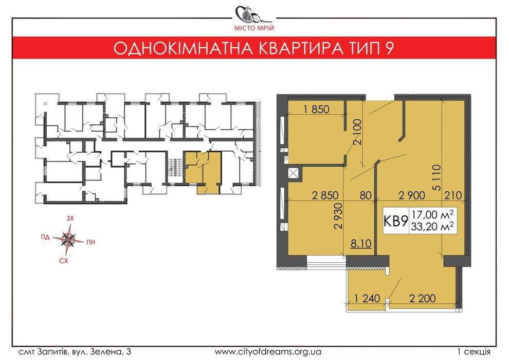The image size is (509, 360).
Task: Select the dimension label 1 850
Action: [x=316, y=109]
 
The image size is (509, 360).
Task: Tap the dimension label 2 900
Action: [x=412, y=195]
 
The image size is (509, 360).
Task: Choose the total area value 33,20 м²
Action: [x=432, y=227]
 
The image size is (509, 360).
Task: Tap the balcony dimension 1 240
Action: [x=366, y=298]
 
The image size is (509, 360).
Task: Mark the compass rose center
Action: [x=67, y=239]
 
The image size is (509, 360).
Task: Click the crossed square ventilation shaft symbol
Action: [x=295, y=173]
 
